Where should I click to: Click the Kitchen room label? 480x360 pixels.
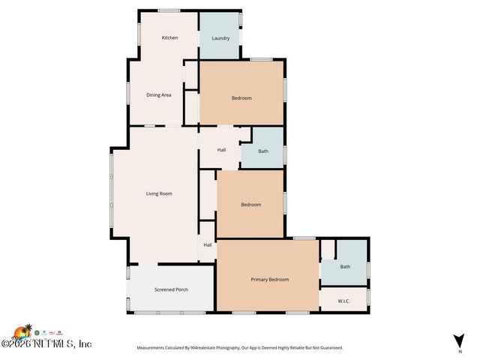[x=170, y=37]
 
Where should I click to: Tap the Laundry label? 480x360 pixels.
[x=220, y=38]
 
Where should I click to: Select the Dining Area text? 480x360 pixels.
[x=158, y=95]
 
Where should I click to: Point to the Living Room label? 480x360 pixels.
[x=159, y=193]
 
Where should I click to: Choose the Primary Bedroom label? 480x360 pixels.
[x=269, y=279]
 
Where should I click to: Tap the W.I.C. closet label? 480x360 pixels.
[x=344, y=301]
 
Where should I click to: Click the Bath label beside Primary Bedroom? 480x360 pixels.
[x=345, y=266]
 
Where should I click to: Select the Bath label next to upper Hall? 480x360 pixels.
[x=263, y=151]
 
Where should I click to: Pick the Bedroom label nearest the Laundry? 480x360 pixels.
[x=241, y=98]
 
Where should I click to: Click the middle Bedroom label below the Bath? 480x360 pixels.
[x=250, y=205]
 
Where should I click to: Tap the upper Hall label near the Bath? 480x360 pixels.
[x=221, y=150]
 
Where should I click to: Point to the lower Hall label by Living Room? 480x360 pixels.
[x=208, y=244]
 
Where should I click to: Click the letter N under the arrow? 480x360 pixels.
[x=459, y=351]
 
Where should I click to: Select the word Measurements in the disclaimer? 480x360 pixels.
[x=154, y=348]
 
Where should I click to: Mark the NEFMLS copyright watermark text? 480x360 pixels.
[x=46, y=343]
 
